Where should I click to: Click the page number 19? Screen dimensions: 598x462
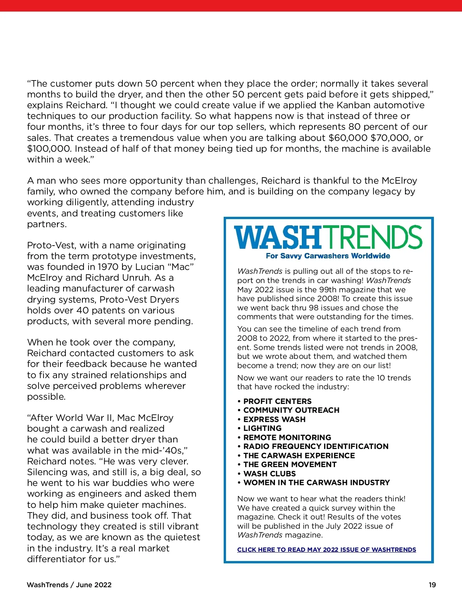(x=432, y=585)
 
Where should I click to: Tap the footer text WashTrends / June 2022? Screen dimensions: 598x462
(x=69, y=585)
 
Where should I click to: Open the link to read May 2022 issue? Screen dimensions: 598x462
(x=326, y=550)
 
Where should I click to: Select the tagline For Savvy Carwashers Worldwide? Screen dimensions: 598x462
(x=328, y=256)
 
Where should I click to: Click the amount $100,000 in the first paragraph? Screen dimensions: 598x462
(x=49, y=149)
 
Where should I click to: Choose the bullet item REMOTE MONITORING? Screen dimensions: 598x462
(x=287, y=437)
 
